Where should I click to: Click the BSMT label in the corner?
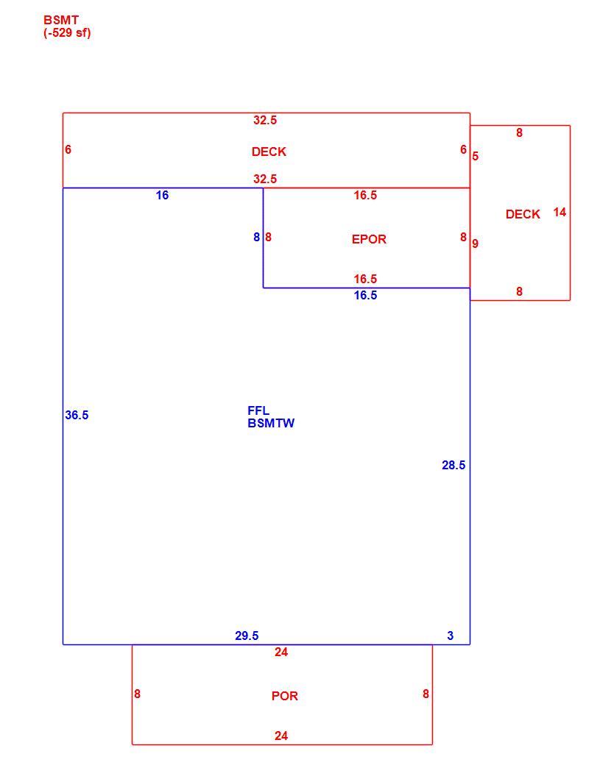(61, 21)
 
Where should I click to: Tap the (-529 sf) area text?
(68, 32)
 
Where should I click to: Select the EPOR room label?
(369, 239)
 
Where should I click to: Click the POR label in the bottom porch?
(285, 696)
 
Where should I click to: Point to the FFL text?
(258, 410)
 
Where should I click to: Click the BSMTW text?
(271, 424)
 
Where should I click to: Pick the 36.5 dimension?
(77, 415)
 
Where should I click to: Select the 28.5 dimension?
(454, 466)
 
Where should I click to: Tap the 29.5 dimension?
(247, 636)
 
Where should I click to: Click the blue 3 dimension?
(451, 636)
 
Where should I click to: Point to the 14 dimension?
(560, 213)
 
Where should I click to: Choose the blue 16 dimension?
(162, 195)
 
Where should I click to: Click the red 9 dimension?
(476, 243)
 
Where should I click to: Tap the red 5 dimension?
(476, 156)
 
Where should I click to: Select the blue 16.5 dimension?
(365, 295)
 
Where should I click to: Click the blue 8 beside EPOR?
(256, 237)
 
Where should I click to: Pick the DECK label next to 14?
(523, 214)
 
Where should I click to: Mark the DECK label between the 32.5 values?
(269, 152)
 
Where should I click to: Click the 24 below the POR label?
(281, 736)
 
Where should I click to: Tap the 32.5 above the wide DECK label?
(265, 120)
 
